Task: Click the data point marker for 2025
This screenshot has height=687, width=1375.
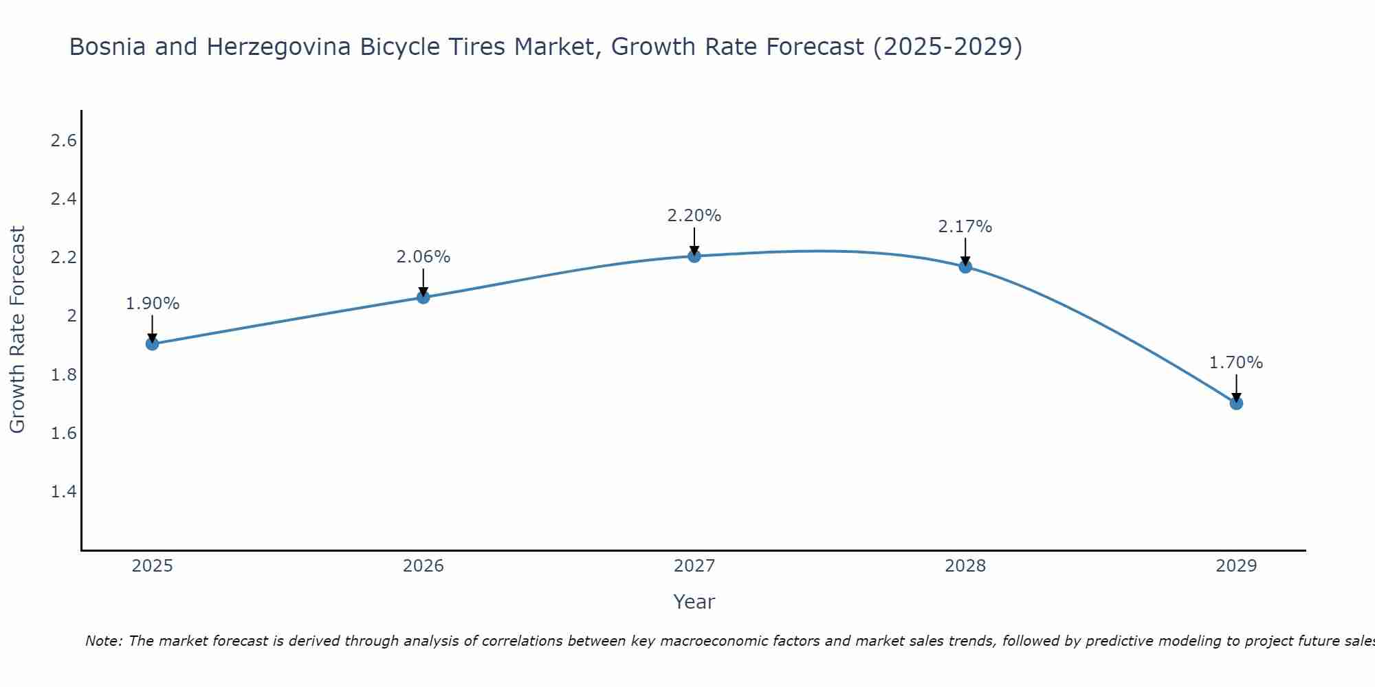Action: coord(153,343)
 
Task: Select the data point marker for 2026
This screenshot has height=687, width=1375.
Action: coord(423,297)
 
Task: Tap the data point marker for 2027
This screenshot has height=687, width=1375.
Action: coord(694,256)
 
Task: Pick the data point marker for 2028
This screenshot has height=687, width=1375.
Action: coord(965,267)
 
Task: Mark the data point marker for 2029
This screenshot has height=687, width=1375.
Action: coord(1236,403)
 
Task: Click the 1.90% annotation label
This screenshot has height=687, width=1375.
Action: coord(153,303)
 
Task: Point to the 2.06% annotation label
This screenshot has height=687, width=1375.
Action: coord(423,257)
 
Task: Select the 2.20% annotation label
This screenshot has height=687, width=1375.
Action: coord(694,216)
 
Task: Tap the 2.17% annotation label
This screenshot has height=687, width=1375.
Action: coord(965,227)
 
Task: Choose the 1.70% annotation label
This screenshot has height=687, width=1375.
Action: coord(1236,363)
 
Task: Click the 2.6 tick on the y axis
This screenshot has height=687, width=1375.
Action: coord(63,141)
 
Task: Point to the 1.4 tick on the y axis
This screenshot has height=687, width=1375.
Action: coord(63,492)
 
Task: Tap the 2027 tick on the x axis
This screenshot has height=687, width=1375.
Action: coord(694,566)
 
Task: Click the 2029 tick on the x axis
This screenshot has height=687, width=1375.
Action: coord(1236,566)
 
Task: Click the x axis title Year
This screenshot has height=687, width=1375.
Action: coord(694,602)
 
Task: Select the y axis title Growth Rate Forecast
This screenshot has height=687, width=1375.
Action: coord(17,330)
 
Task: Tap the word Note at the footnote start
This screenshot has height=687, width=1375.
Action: coord(104,641)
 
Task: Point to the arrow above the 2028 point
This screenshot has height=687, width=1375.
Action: coord(965,251)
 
